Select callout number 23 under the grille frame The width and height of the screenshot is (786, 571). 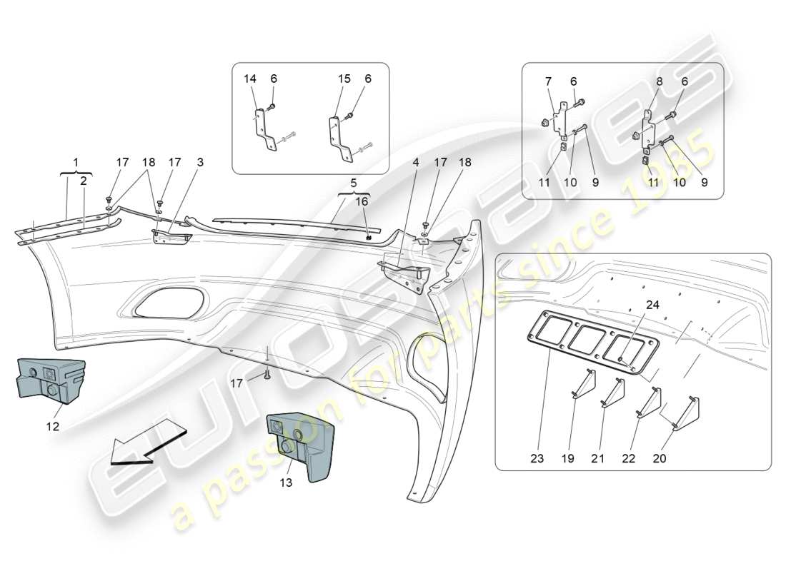(537, 458)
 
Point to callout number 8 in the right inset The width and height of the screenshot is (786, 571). (660, 82)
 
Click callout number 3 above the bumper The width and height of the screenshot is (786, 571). (200, 163)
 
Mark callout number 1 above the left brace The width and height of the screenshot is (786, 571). (75, 163)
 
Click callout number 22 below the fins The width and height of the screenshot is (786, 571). (629, 458)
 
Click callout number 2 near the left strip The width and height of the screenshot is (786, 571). (84, 181)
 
